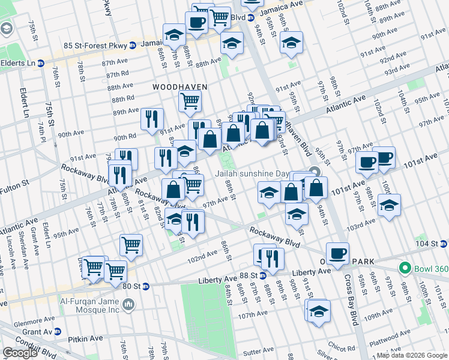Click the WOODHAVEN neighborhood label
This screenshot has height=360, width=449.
pos(179,87)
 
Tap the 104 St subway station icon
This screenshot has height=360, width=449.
pos(443,244)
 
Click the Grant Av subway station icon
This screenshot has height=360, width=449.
pos(57,331)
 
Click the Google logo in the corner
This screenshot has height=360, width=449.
pos(20,353)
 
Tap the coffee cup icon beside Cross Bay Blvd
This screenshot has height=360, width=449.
pos(337,252)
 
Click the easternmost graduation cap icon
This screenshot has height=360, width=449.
pos(389,205)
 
